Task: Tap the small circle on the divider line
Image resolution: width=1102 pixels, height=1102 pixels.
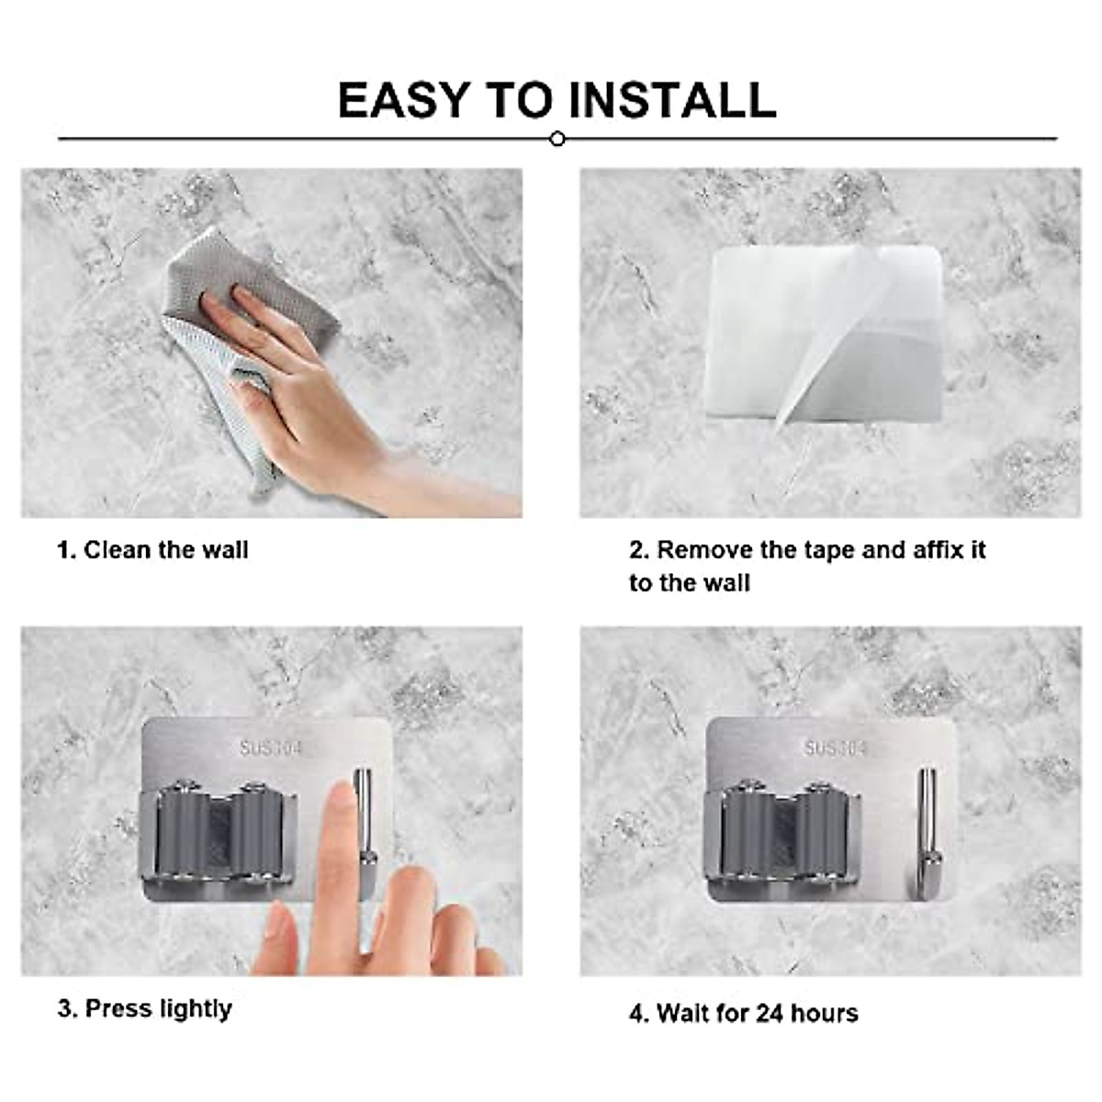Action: (557, 140)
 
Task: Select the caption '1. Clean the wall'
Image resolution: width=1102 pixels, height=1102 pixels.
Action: (152, 550)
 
